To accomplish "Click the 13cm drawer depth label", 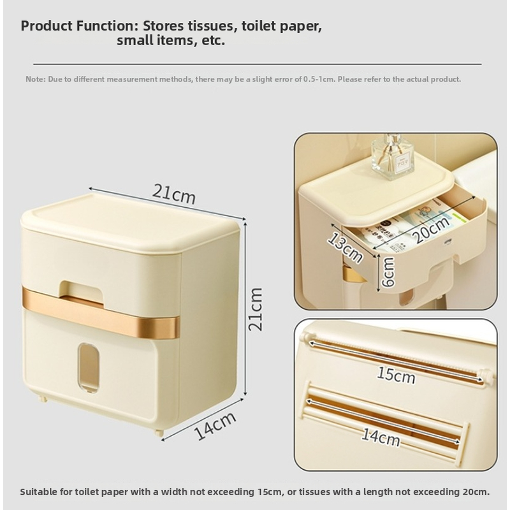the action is point(345,248).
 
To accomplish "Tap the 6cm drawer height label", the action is point(388,272).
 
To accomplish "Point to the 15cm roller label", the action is point(396,375).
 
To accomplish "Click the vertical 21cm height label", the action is point(256,309).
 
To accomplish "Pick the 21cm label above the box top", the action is point(174,194).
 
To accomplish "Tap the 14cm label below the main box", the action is point(215,425).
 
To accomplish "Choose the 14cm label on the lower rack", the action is point(381,437).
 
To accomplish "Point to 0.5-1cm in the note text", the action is point(319,79).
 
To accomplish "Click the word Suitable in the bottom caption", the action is point(38,492).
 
